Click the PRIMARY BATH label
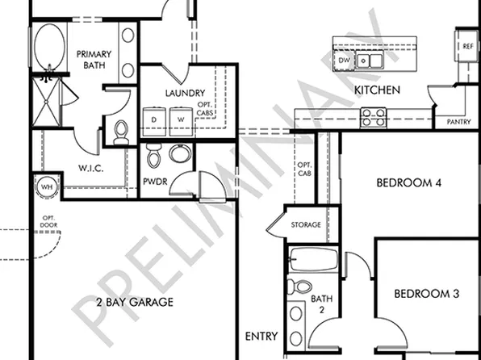[94, 60]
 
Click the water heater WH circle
[46, 187]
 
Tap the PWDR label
[155, 182]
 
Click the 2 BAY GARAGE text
[135, 302]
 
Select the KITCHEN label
[377, 90]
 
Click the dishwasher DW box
[345, 61]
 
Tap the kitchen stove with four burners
[372, 118]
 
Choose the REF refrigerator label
[467, 47]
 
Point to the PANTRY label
[458, 122]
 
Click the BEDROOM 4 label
[408, 183]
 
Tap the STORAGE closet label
[306, 224]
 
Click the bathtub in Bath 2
[313, 260]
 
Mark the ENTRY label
[261, 336]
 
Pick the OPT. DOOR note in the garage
[48, 222]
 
